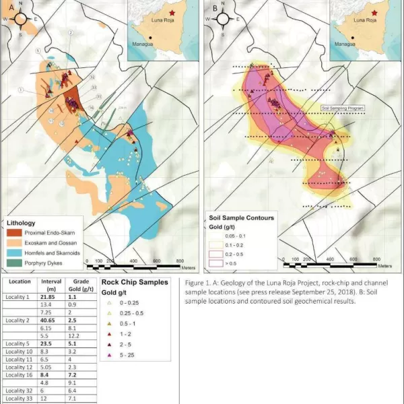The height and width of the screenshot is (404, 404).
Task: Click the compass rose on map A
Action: pos(20,18)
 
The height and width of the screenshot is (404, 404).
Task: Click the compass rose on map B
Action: pos(222,18)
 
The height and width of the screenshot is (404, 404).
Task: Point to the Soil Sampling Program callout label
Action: pos(343,107)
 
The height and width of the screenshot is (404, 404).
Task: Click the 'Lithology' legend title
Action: pos(26,222)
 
